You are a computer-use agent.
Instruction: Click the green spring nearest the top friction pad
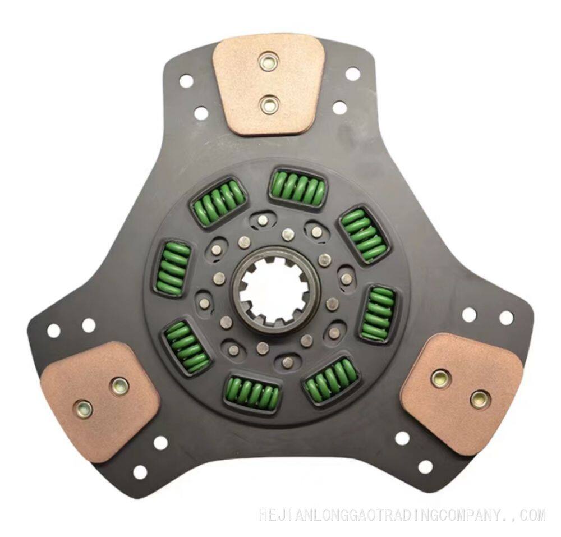point(298,187)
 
